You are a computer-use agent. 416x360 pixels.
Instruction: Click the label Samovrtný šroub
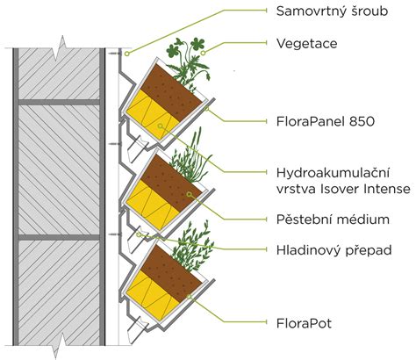pos(332,11)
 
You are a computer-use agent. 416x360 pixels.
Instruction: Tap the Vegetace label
pos(307,44)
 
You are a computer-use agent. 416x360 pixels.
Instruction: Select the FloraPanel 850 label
pos(326,121)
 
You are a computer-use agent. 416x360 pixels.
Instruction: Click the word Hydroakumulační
pos(333,173)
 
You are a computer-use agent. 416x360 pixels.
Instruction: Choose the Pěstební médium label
pos(333,220)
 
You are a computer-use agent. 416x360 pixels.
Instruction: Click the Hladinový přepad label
pos(334,250)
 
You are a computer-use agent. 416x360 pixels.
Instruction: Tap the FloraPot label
pos(304,323)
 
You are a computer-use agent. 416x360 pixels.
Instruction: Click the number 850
pos(362,121)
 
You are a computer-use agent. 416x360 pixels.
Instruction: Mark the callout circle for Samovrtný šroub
pos(127,54)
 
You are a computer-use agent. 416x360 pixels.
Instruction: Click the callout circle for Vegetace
pos(203,53)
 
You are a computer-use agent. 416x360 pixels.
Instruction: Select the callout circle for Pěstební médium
pos(190,194)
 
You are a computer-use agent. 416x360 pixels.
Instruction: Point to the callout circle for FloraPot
pos(190,297)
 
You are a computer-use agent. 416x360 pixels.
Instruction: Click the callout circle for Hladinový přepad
pos(139,234)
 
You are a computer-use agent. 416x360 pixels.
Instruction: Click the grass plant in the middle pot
pos(190,158)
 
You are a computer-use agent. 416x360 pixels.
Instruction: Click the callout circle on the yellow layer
pos(160,126)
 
